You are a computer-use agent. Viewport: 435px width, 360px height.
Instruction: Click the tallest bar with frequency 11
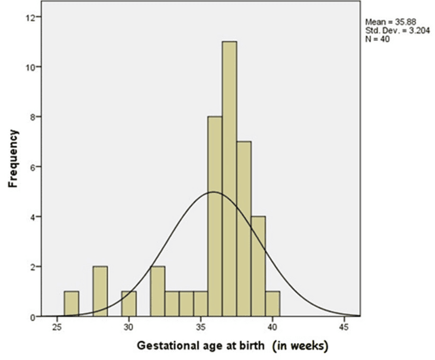tap(229, 183)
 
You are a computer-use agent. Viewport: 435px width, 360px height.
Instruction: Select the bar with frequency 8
tap(215, 217)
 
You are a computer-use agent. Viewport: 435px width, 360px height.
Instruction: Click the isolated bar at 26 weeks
tap(71, 304)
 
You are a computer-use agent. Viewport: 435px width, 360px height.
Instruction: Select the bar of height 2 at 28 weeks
tap(100, 292)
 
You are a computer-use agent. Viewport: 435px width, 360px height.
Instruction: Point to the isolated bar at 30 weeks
tap(129, 304)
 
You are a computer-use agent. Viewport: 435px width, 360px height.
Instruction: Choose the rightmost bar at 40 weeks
tap(272, 304)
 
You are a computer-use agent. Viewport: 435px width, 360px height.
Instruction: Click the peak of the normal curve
tap(214, 192)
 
